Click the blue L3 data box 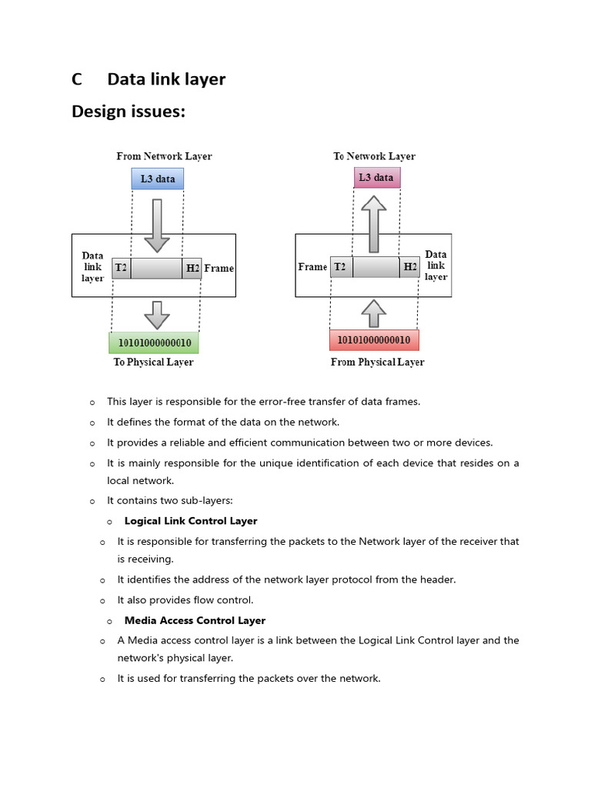pos(158,179)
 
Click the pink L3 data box pos(376,178)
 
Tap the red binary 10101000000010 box pos(374,339)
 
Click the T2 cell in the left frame pos(122,268)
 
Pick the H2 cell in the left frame pos(192,268)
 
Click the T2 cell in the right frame pos(340,267)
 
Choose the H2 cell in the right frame pos(410,267)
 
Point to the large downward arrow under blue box pos(158,225)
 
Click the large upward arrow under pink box pos(374,224)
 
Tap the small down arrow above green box pos(157,315)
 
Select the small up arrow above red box pos(374,313)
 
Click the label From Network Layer pos(164,156)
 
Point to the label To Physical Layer pos(153,362)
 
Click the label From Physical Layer pos(377,362)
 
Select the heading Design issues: pos(129,112)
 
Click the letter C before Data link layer pos(76,79)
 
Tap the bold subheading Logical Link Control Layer pos(191,521)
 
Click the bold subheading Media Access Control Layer pos(195,620)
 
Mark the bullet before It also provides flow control pos(102,601)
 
